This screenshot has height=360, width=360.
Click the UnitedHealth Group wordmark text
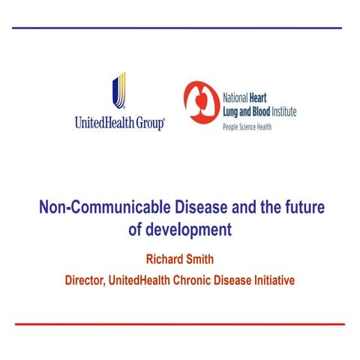pos(119,123)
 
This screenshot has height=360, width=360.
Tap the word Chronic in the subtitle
pos(209,280)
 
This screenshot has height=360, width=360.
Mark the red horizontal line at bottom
pos(180,324)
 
